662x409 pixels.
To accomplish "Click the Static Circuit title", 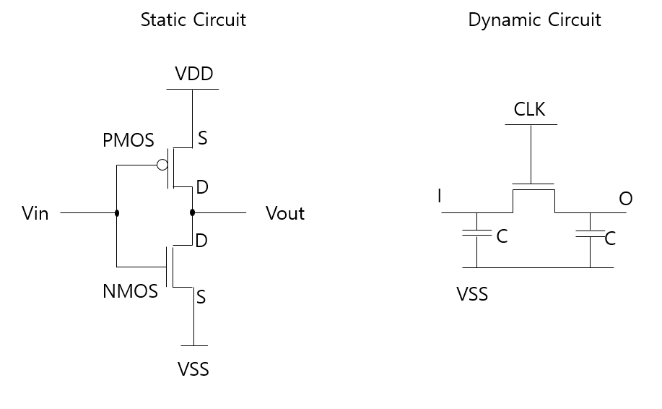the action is [x=193, y=20].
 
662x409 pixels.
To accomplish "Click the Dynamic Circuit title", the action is [x=534, y=20].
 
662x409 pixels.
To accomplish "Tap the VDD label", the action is [x=194, y=74].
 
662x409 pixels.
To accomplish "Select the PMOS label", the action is [x=129, y=140].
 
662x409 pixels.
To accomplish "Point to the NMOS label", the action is [x=130, y=291].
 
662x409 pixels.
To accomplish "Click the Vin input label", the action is [x=35, y=213].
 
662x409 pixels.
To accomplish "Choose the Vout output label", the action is [x=285, y=213].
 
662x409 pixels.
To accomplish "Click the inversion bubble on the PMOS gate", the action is [x=162, y=165].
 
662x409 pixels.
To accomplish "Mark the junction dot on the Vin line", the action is [x=117, y=213].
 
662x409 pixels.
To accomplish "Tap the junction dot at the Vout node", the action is [x=193, y=212].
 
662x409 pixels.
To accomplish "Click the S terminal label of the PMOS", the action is [x=203, y=138].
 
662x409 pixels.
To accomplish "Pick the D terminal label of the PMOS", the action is [x=202, y=187].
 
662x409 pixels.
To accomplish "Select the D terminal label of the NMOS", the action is [x=201, y=241].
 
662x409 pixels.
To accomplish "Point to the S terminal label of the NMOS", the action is [x=201, y=297].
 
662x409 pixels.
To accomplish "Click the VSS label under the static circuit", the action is [x=193, y=369].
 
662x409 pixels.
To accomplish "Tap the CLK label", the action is [x=529, y=109].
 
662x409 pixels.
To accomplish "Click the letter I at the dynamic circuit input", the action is [x=440, y=196].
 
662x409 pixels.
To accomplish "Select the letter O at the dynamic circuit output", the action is [x=626, y=199].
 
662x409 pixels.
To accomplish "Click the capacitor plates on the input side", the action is [x=477, y=233].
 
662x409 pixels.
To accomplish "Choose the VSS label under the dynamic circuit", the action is [x=472, y=294].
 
